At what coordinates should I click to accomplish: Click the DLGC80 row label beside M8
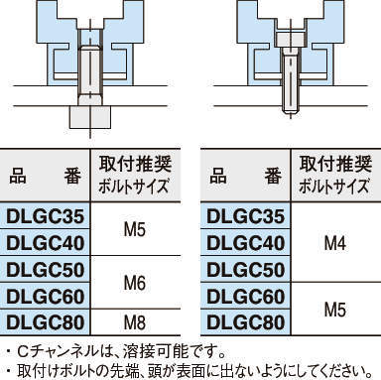47,321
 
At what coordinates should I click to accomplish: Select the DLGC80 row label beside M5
245,321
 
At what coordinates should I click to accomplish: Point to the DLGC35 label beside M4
245,216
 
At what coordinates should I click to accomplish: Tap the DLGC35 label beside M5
47,216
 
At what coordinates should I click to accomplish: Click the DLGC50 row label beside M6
47,270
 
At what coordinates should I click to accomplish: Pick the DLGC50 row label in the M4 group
245,270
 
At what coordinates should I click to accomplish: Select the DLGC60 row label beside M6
47,296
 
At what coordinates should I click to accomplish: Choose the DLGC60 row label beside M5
245,296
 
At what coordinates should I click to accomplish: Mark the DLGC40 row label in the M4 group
245,243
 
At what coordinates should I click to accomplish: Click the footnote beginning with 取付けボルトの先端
189,370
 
